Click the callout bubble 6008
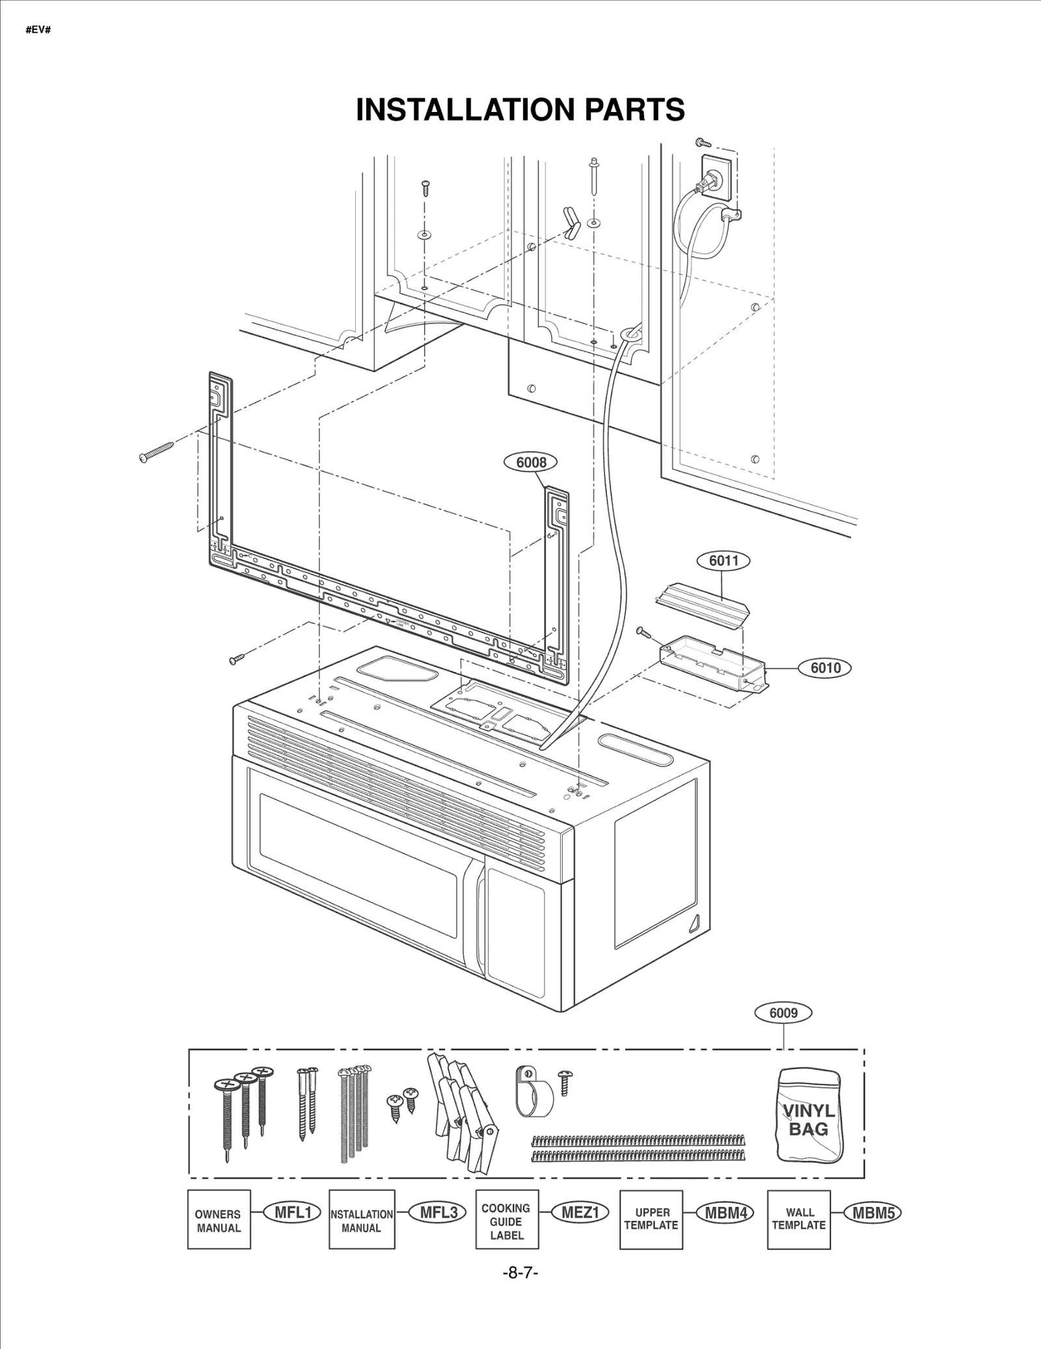tap(531, 462)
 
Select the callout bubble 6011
tap(723, 560)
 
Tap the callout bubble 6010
tap(825, 668)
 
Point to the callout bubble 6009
tap(783, 1013)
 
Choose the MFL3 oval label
tap(438, 1212)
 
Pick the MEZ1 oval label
tap(580, 1212)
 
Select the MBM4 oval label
tap(725, 1212)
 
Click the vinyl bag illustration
tap(809, 1114)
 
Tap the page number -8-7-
tap(520, 1273)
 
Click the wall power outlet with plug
tap(716, 177)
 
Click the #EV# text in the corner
tap(38, 30)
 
